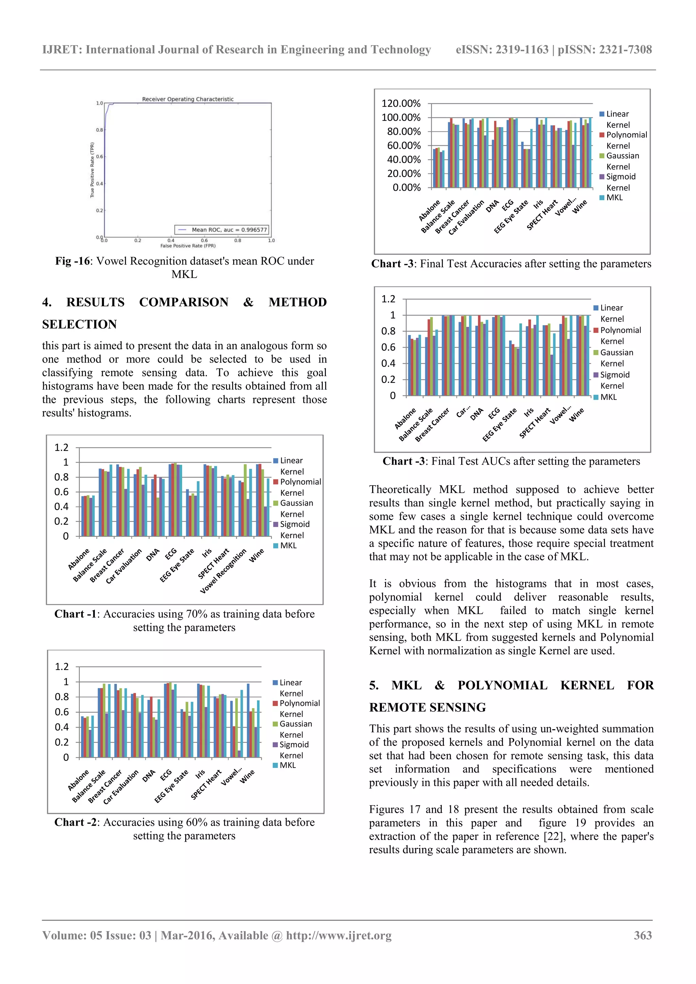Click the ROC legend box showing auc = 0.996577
coord(222,230)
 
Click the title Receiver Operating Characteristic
coord(188,99)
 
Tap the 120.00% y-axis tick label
coord(401,103)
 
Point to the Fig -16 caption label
coord(72,261)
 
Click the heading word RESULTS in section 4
coord(95,302)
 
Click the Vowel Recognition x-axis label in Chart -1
coord(224,571)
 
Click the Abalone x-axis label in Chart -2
coord(79,780)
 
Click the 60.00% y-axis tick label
coord(404,145)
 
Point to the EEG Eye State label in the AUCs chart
coord(500,424)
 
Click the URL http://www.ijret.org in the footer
coord(338,935)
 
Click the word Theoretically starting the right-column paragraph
coord(400,489)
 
